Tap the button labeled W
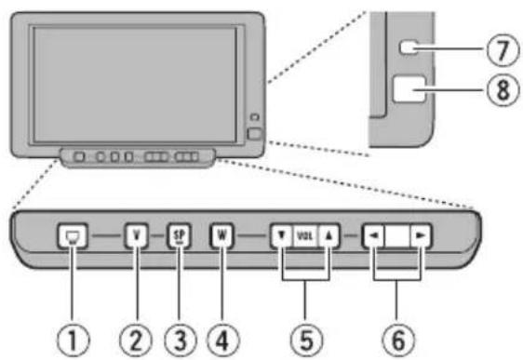[x=221, y=235]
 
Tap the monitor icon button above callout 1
[x=71, y=235]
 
